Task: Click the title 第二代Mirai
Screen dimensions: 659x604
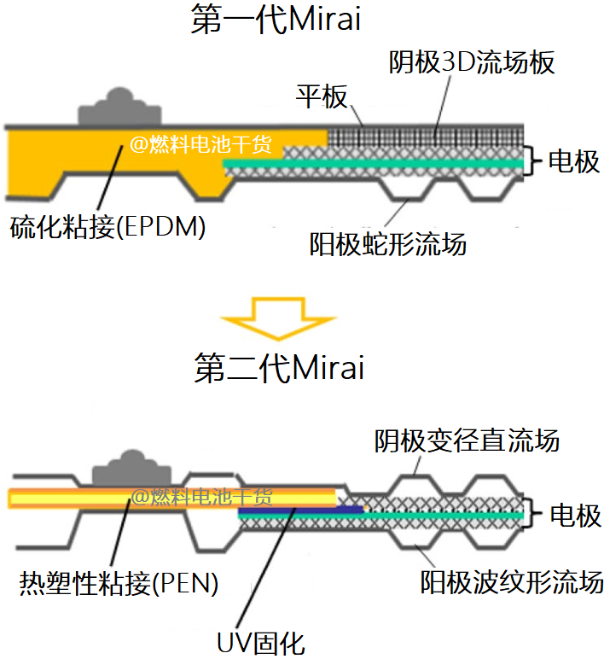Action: click(279, 369)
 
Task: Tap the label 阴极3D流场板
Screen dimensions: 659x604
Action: click(472, 62)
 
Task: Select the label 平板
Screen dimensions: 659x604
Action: click(321, 96)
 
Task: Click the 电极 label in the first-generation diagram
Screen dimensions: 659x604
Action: click(573, 160)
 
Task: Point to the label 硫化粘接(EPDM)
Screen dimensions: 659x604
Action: click(108, 228)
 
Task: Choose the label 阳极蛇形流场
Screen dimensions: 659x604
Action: click(387, 245)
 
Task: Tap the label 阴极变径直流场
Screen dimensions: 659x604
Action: click(467, 441)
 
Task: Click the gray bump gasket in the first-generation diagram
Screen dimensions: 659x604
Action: click(117, 109)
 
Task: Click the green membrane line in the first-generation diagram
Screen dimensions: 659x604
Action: click(375, 161)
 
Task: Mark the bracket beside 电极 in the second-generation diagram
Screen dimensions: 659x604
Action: click(536, 515)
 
